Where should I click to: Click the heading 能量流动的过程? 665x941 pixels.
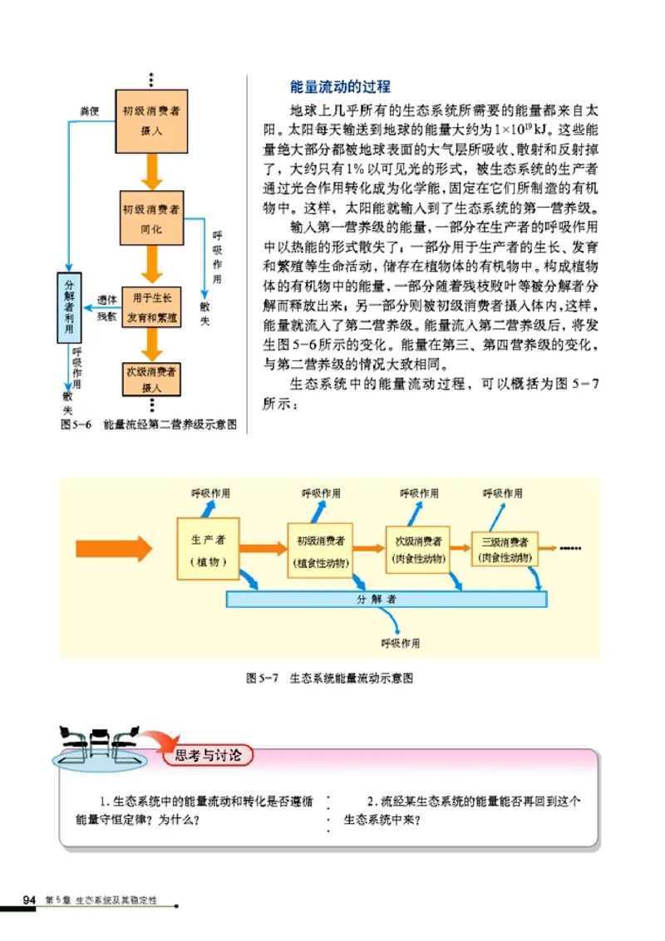coord(339,87)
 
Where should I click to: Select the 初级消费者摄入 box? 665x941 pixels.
coord(150,120)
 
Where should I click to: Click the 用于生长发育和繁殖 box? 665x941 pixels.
coord(151,306)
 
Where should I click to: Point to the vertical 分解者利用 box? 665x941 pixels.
coord(70,307)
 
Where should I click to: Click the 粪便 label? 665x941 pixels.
coord(89,110)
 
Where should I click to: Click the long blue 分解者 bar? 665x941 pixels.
coord(387,598)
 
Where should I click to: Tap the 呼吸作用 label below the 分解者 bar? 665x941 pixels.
coord(401,643)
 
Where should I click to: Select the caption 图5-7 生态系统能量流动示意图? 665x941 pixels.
coord(330,679)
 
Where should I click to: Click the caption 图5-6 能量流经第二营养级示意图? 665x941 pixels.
coord(150,424)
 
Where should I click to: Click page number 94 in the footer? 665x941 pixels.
coord(29,900)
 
